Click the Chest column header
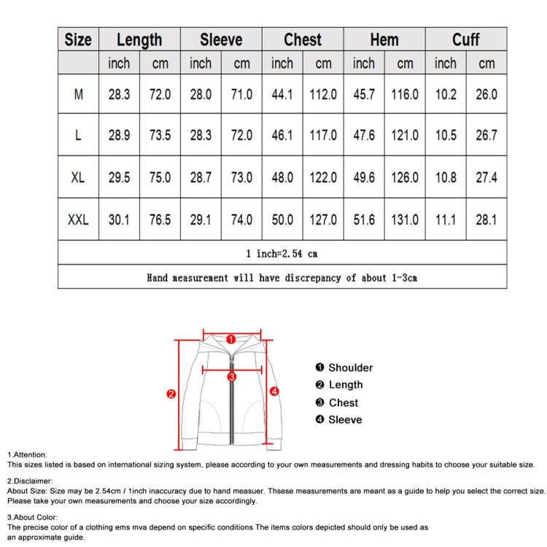click(303, 39)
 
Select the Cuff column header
click(465, 39)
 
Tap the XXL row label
click(78, 219)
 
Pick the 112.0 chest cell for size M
click(323, 94)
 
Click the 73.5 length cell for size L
click(160, 136)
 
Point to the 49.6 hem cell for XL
click(364, 177)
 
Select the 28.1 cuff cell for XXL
click(486, 219)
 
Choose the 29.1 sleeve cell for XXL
click(201, 219)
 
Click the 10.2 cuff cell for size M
click(446, 94)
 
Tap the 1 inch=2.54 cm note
click(282, 254)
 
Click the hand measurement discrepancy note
click(282, 277)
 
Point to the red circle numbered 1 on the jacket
click(230, 339)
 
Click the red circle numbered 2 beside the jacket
click(171, 394)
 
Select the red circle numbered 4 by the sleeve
click(274, 392)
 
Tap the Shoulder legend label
click(350, 368)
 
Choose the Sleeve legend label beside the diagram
click(345, 419)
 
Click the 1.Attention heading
click(27, 454)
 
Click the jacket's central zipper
click(231, 408)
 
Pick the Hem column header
click(384, 39)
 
